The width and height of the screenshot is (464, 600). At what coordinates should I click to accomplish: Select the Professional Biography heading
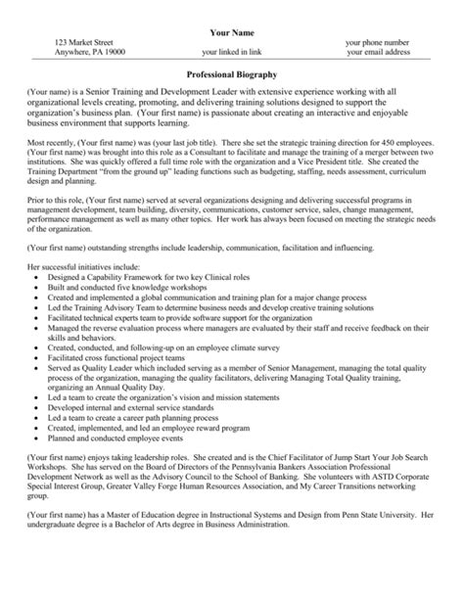232,74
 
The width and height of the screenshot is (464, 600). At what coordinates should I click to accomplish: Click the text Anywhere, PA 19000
97,54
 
